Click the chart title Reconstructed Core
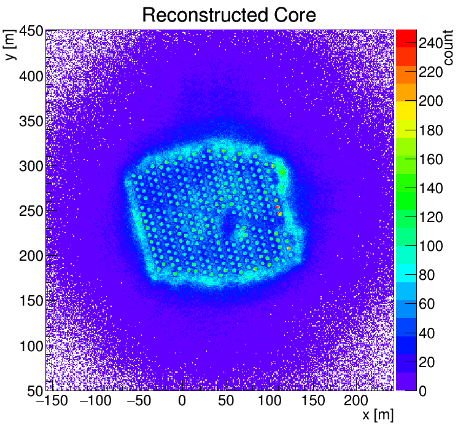[228, 15]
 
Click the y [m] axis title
[10, 46]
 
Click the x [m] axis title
[377, 415]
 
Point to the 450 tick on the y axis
[29, 31]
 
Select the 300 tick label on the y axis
[29, 166]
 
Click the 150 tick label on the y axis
[29, 301]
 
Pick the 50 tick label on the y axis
[33, 390]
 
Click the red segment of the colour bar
[406, 37]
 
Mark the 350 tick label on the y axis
[29, 121]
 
